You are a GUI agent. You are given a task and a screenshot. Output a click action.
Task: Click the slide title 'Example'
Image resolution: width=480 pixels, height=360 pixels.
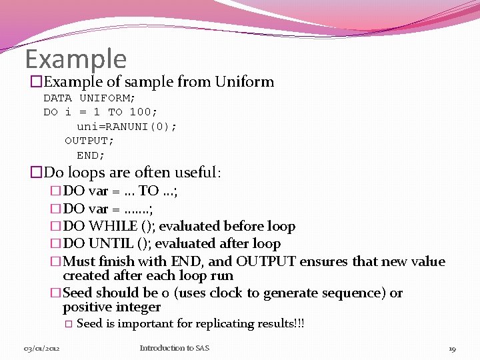click(x=75, y=59)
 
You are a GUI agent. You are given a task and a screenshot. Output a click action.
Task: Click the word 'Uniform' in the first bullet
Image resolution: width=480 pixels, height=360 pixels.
click(x=244, y=82)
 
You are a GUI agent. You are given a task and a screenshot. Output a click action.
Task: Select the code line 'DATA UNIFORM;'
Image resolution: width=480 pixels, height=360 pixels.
click(x=89, y=98)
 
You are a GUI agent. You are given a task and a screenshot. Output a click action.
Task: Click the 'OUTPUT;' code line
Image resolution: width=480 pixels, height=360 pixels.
click(x=89, y=141)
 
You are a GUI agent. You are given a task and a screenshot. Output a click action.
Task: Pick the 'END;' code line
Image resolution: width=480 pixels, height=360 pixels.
click(x=91, y=155)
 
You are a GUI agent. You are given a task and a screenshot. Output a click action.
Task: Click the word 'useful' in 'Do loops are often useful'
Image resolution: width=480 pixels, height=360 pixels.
click(x=193, y=173)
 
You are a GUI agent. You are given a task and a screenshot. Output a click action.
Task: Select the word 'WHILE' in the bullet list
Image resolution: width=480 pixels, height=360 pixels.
click(x=111, y=227)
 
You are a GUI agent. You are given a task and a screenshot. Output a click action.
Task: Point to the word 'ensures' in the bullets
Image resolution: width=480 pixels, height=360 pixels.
click(x=328, y=261)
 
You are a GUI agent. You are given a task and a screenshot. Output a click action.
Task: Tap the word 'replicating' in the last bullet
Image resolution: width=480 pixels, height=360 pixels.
click(x=224, y=324)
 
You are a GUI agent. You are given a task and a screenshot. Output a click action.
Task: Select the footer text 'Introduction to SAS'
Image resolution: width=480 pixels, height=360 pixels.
click(x=174, y=348)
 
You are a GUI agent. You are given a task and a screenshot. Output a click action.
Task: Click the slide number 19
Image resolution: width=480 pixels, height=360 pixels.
click(x=452, y=349)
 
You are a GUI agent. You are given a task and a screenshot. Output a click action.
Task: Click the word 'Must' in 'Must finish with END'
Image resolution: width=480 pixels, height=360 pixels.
click(x=79, y=261)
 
